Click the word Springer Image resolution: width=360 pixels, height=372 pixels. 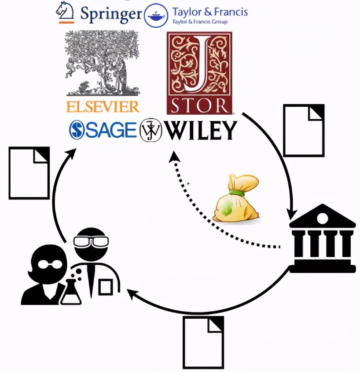111,14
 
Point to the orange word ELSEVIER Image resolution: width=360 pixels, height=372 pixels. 103,106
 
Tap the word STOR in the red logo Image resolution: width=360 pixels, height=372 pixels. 199,106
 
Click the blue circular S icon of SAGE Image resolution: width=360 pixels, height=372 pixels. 77,130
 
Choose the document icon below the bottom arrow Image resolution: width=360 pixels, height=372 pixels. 203,343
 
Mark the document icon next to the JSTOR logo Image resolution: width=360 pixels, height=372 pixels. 303,130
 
